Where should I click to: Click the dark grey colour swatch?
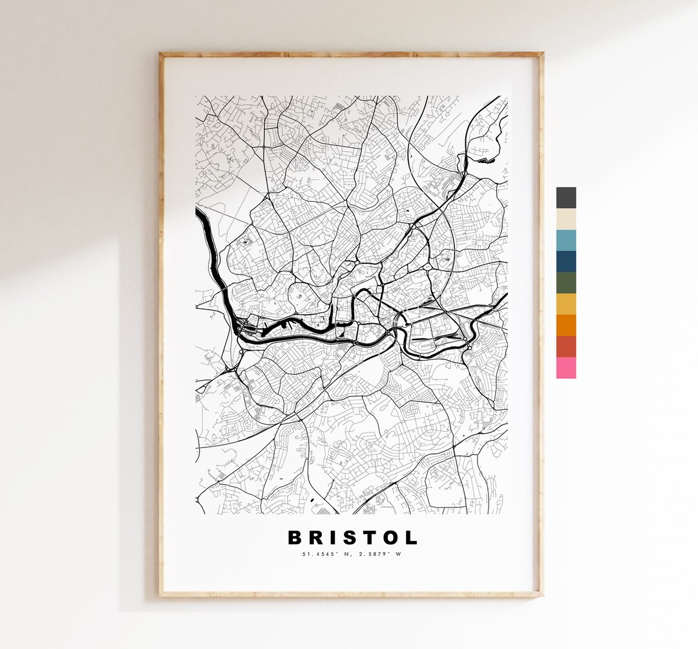[566, 198]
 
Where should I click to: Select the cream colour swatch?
[566, 219]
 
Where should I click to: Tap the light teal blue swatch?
[566, 240]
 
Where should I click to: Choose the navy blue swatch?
[566, 262]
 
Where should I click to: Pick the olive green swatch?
[566, 283]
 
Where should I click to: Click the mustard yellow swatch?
[566, 304]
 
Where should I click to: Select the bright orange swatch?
[566, 325]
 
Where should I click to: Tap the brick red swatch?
[566, 346]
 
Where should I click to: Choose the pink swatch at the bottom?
[566, 368]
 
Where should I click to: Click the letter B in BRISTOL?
[295, 538]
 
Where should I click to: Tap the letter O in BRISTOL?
[390, 538]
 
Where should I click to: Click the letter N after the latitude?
[343, 554]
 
